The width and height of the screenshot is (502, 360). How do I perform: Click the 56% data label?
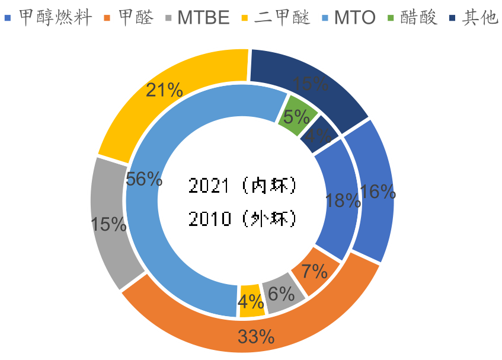[145, 179]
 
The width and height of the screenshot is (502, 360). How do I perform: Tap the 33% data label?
[256, 337]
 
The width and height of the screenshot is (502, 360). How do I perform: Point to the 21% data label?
[164, 90]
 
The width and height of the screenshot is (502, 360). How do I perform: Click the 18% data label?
[343, 200]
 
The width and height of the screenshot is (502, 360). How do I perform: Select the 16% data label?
[378, 191]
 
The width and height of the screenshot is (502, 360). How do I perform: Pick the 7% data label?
[315, 272]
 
